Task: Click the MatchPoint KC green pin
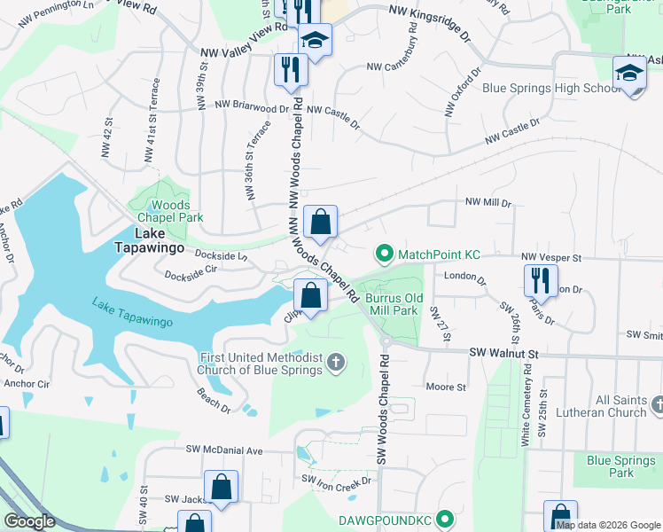(384, 254)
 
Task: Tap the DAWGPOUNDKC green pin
(446, 518)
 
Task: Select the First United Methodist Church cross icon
(335, 361)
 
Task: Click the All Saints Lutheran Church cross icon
(657, 405)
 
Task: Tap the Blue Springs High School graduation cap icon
(629, 71)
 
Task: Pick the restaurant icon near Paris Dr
(540, 280)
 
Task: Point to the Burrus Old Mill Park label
(391, 305)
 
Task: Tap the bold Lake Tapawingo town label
(147, 241)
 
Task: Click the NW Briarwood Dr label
(252, 106)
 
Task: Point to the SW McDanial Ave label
(225, 450)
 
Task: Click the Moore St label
(446, 387)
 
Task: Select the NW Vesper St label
(550, 257)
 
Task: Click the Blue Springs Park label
(622, 466)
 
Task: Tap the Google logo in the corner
(30, 521)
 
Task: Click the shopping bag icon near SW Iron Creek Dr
(221, 487)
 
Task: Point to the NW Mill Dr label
(489, 203)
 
